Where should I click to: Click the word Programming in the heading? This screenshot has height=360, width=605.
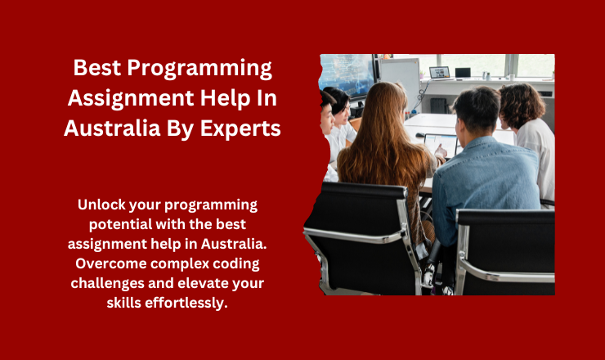[x=199, y=69]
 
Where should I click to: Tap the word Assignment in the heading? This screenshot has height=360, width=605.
[x=131, y=99]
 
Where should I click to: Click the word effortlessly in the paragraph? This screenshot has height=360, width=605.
[x=186, y=304]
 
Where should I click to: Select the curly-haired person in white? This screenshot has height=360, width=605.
[x=528, y=135]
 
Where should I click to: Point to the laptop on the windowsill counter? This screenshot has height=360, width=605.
[x=440, y=73]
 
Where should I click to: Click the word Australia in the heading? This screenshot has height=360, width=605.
[x=112, y=128]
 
